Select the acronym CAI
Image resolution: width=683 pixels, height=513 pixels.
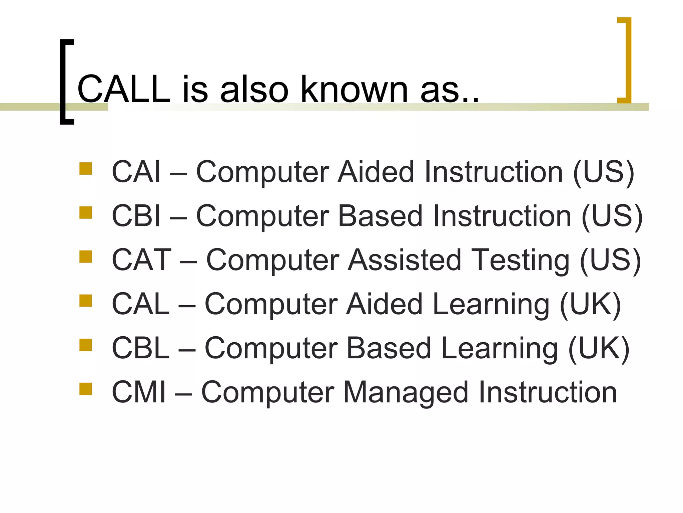(x=136, y=172)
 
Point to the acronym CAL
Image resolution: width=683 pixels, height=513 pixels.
(x=140, y=304)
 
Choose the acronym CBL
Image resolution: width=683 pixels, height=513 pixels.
(x=140, y=348)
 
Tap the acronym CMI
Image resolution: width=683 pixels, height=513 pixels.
(x=139, y=392)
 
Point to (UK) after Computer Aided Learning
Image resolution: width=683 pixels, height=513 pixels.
(x=590, y=304)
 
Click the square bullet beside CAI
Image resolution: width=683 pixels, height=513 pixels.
(x=86, y=169)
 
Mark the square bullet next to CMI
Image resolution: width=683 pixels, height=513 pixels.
(x=86, y=389)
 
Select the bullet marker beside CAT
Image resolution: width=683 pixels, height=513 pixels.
(x=86, y=257)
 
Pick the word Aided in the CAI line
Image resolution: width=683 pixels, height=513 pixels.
(x=376, y=172)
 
